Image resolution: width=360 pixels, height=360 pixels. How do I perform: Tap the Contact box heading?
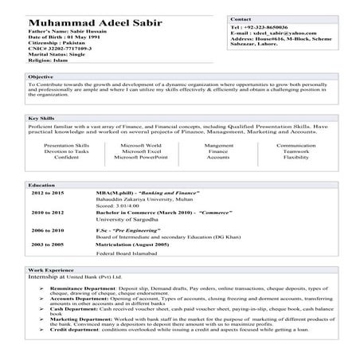(241, 18)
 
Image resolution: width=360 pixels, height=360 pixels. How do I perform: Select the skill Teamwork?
(295, 152)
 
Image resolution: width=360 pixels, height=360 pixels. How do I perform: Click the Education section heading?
(41, 185)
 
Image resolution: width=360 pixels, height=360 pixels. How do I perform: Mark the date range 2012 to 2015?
(48, 194)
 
